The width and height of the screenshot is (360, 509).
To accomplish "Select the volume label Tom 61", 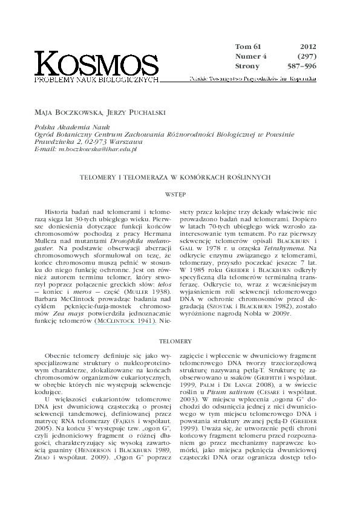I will coord(247,46).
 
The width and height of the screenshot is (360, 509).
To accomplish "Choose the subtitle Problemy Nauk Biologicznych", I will coord(97,79).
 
